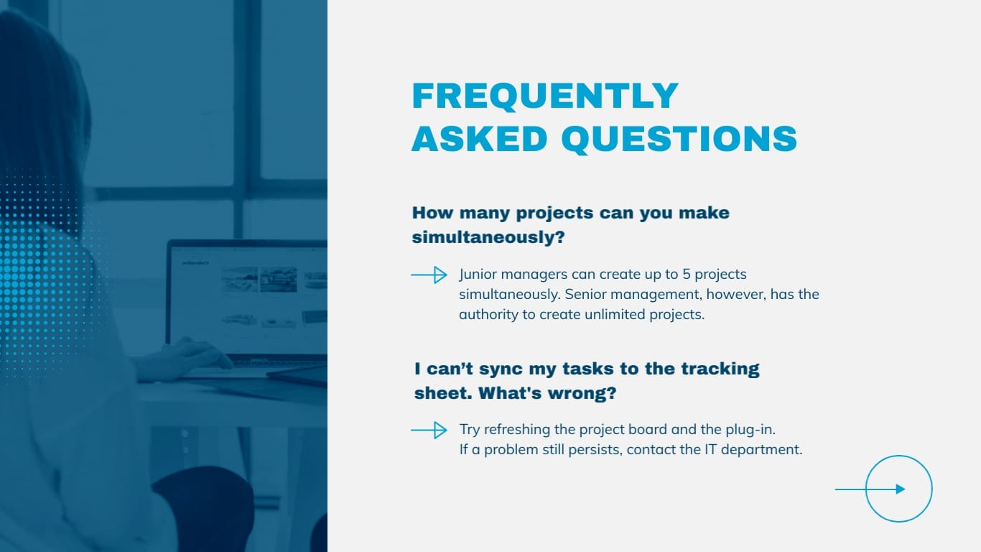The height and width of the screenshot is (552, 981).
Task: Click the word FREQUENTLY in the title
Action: coord(544,96)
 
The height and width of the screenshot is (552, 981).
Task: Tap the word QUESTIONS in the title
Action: coord(679,138)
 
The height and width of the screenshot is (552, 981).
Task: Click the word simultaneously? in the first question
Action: coord(488,237)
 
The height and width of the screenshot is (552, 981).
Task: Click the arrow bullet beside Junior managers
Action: coord(429,275)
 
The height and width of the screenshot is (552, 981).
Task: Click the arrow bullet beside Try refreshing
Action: coord(429,430)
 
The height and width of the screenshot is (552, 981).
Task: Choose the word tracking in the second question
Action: coord(720,369)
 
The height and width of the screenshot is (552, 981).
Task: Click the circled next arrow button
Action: coord(898,489)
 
